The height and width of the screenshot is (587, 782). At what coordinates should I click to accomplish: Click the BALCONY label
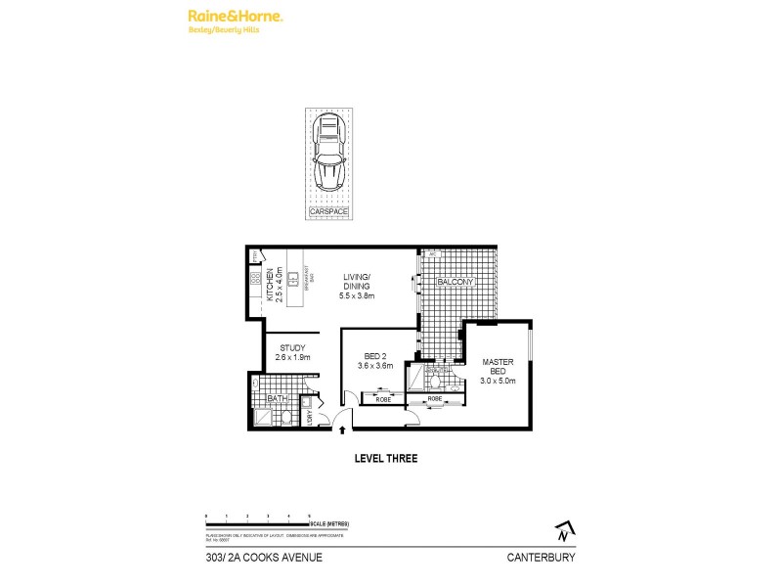456,282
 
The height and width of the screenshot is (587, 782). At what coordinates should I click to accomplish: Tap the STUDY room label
293,347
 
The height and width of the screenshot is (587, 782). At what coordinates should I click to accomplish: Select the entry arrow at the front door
342,428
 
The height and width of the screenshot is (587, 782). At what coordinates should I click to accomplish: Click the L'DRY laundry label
310,418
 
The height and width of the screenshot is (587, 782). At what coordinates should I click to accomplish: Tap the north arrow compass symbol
562,533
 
